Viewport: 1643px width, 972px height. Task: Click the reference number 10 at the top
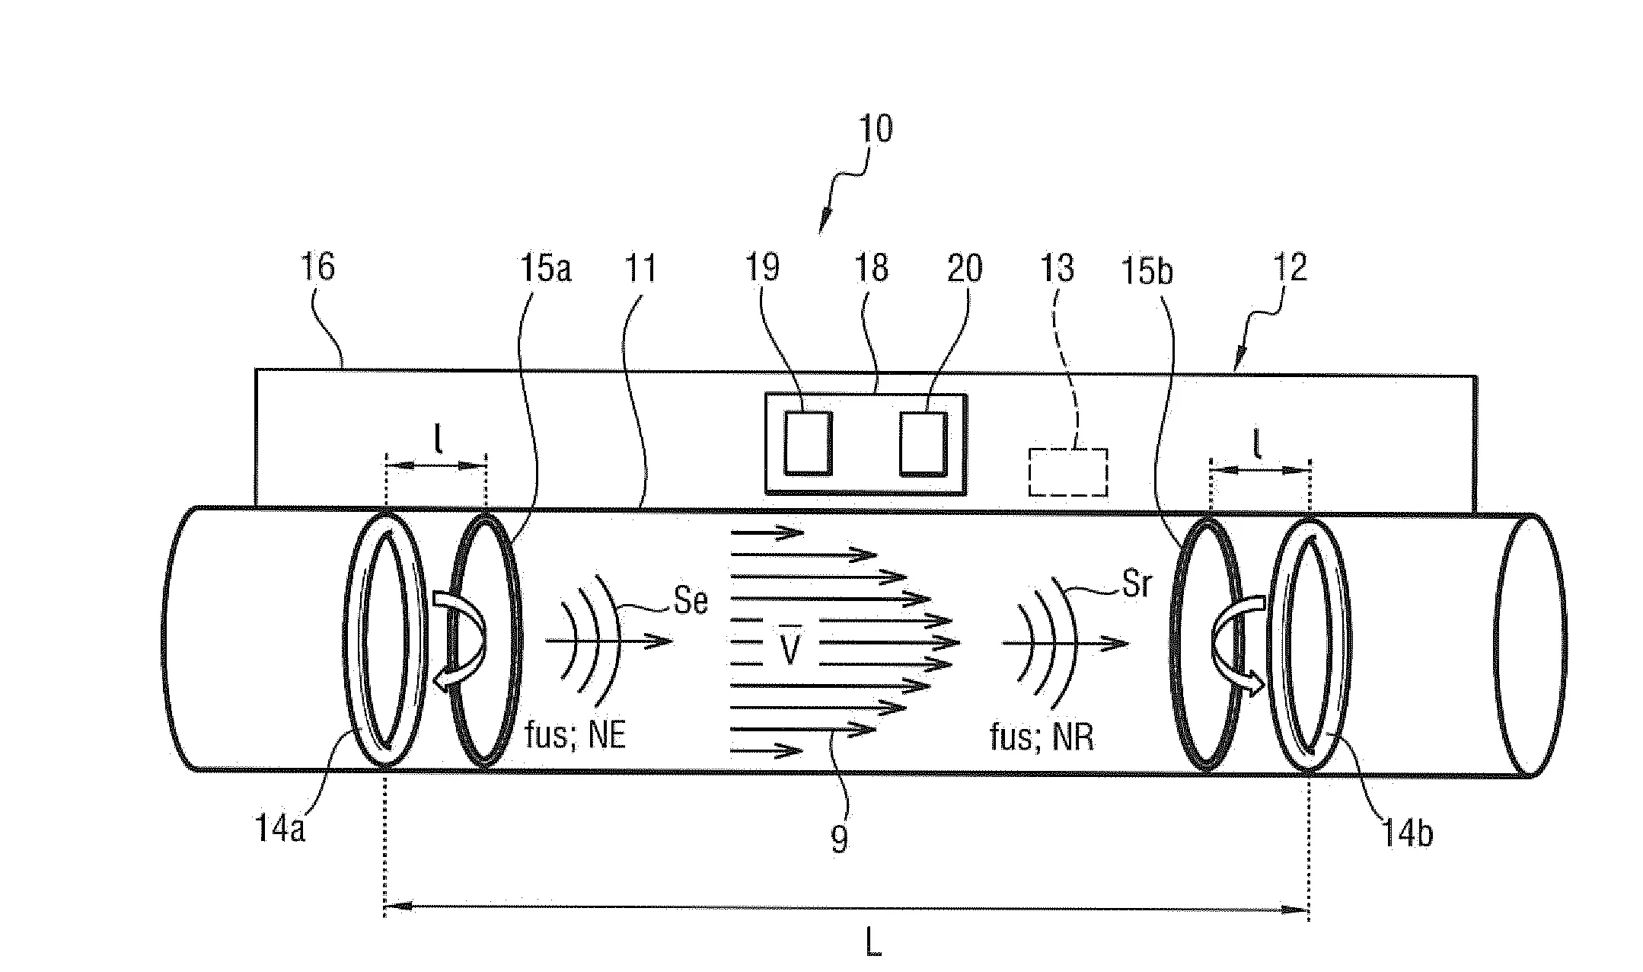(875, 130)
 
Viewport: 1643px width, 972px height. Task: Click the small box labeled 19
(808, 443)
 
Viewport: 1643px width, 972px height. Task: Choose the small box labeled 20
(923, 443)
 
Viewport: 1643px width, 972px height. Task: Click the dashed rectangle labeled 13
(1067, 472)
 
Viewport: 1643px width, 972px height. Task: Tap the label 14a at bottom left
(280, 829)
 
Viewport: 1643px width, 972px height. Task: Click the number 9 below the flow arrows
(838, 839)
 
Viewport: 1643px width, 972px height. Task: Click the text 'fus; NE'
(576, 736)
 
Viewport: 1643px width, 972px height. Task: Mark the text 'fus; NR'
(1041, 737)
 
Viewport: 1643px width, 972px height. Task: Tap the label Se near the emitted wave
(691, 602)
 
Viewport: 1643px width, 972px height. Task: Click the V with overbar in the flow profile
(790, 648)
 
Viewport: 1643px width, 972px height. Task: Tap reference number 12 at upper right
(1288, 268)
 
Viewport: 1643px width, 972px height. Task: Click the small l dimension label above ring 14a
(438, 443)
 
